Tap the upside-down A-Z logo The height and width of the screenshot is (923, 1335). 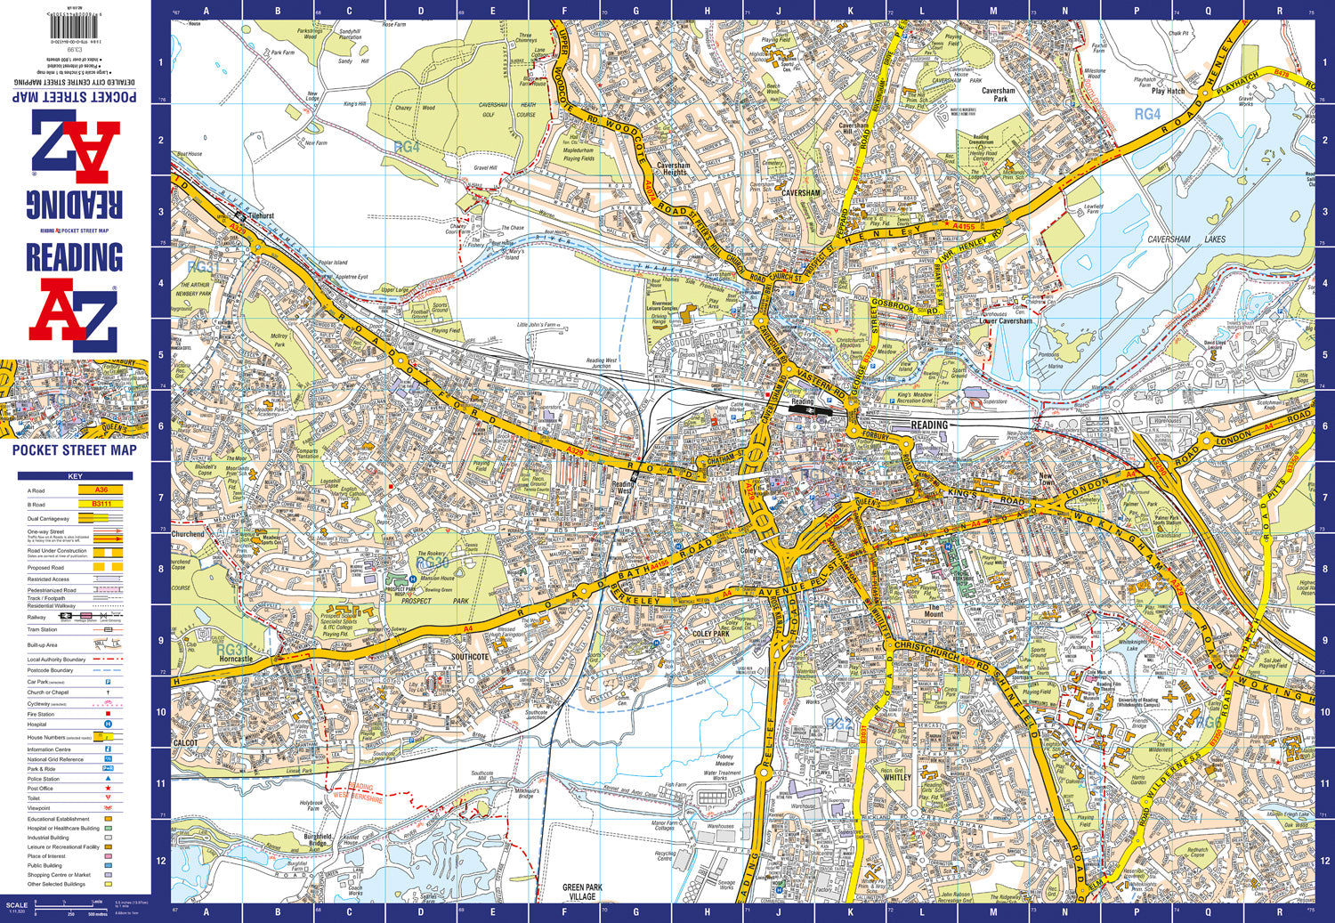pos(75,147)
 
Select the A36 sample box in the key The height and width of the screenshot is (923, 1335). pos(101,490)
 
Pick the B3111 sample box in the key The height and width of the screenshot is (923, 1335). pos(101,504)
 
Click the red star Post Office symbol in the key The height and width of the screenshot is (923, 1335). pos(109,789)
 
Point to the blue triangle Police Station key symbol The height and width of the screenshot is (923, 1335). pos(109,779)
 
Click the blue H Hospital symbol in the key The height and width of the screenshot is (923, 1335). pos(109,725)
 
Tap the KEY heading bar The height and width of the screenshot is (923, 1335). pos(75,476)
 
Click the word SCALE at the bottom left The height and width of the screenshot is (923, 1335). pos(17,905)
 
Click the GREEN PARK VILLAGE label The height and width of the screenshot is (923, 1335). pos(582,892)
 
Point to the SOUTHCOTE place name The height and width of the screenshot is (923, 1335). pos(469,657)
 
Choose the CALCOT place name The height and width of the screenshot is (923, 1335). pos(186,742)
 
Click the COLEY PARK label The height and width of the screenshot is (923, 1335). pos(710,635)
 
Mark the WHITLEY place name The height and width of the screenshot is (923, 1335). pos(897,777)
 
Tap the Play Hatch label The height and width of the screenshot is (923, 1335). pos(1168,91)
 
